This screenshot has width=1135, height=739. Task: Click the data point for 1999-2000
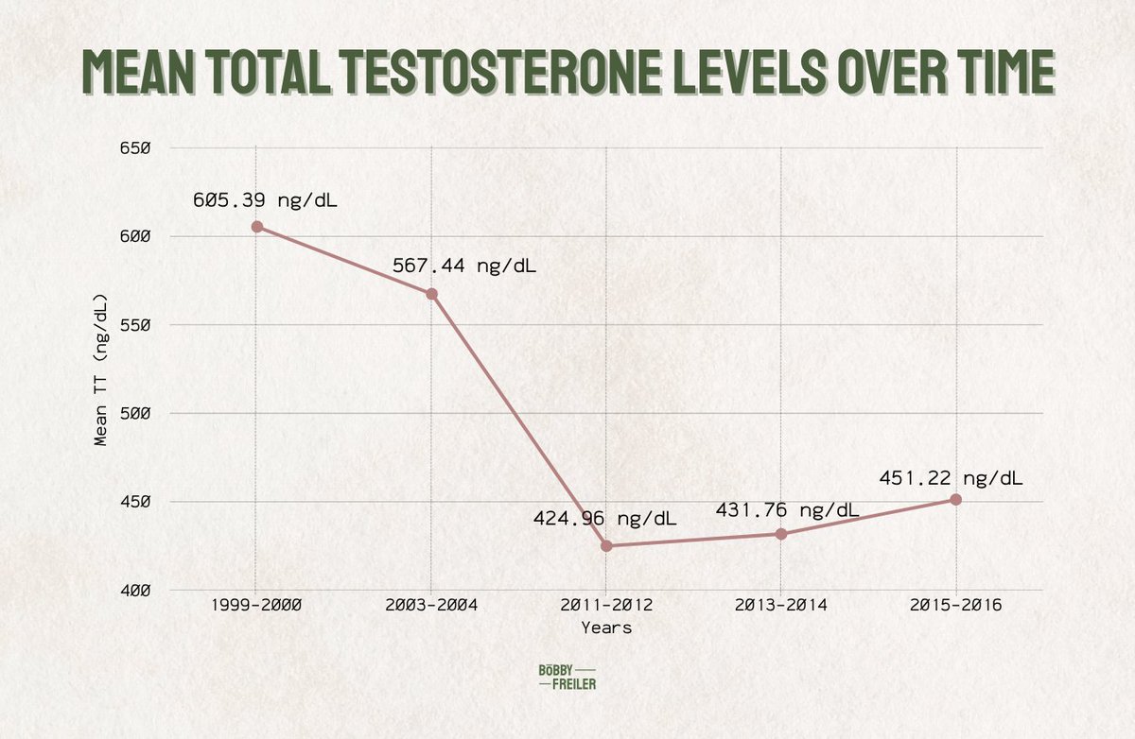tap(257, 227)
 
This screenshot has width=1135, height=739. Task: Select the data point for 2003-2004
tap(431, 294)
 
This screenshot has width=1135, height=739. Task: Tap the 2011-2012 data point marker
tap(606, 546)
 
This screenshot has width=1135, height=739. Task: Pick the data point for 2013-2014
tap(781, 534)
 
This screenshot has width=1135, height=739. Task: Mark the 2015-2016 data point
tap(956, 499)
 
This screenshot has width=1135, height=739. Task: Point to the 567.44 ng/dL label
tap(464, 266)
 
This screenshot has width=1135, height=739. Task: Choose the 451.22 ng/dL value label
tap(952, 477)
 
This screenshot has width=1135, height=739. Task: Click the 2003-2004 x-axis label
tap(431, 605)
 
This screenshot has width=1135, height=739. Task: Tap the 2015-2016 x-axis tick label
tap(956, 605)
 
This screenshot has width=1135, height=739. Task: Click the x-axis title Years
tap(606, 627)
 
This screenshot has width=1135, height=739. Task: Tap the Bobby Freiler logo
tap(567, 676)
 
